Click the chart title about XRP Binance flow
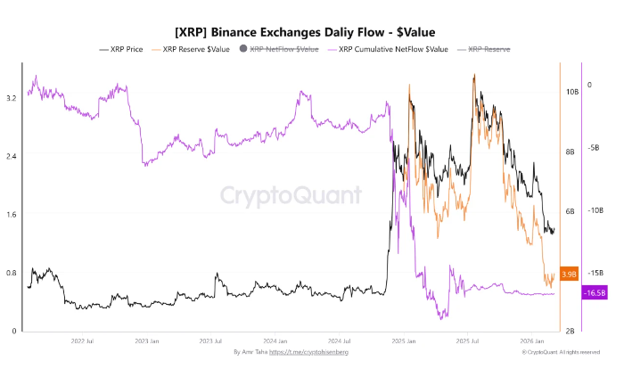point(312,30)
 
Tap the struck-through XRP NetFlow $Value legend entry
point(280,49)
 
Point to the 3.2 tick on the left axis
point(11,97)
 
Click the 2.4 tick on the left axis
point(11,156)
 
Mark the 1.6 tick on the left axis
point(11,215)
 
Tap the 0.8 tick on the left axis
point(11,273)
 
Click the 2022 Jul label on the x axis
point(82,340)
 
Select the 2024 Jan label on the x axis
point(275,340)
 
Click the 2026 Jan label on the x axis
point(533,340)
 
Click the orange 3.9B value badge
point(570,274)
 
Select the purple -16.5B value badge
point(595,292)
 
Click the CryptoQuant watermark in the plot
point(291,195)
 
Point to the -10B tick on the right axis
point(595,210)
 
